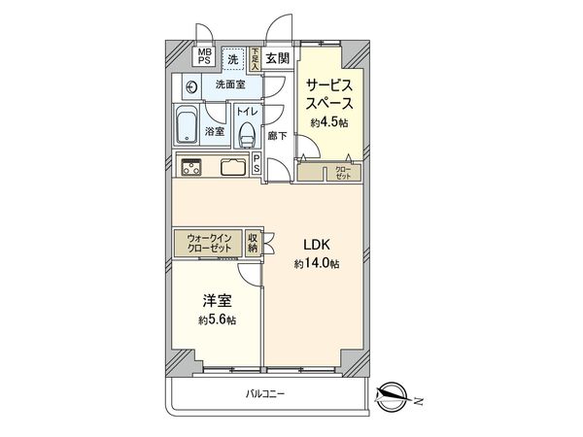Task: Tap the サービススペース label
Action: [x=328, y=94]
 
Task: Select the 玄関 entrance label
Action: [x=277, y=58]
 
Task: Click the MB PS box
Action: [x=206, y=57]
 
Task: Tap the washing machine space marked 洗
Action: [x=232, y=59]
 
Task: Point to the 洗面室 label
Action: [x=230, y=85]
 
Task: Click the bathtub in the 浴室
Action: [x=188, y=124]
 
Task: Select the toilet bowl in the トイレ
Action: [x=246, y=133]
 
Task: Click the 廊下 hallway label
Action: [x=277, y=136]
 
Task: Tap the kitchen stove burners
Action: [x=189, y=166]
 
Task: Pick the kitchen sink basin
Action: [x=233, y=166]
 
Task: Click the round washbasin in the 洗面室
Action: [x=191, y=86]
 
